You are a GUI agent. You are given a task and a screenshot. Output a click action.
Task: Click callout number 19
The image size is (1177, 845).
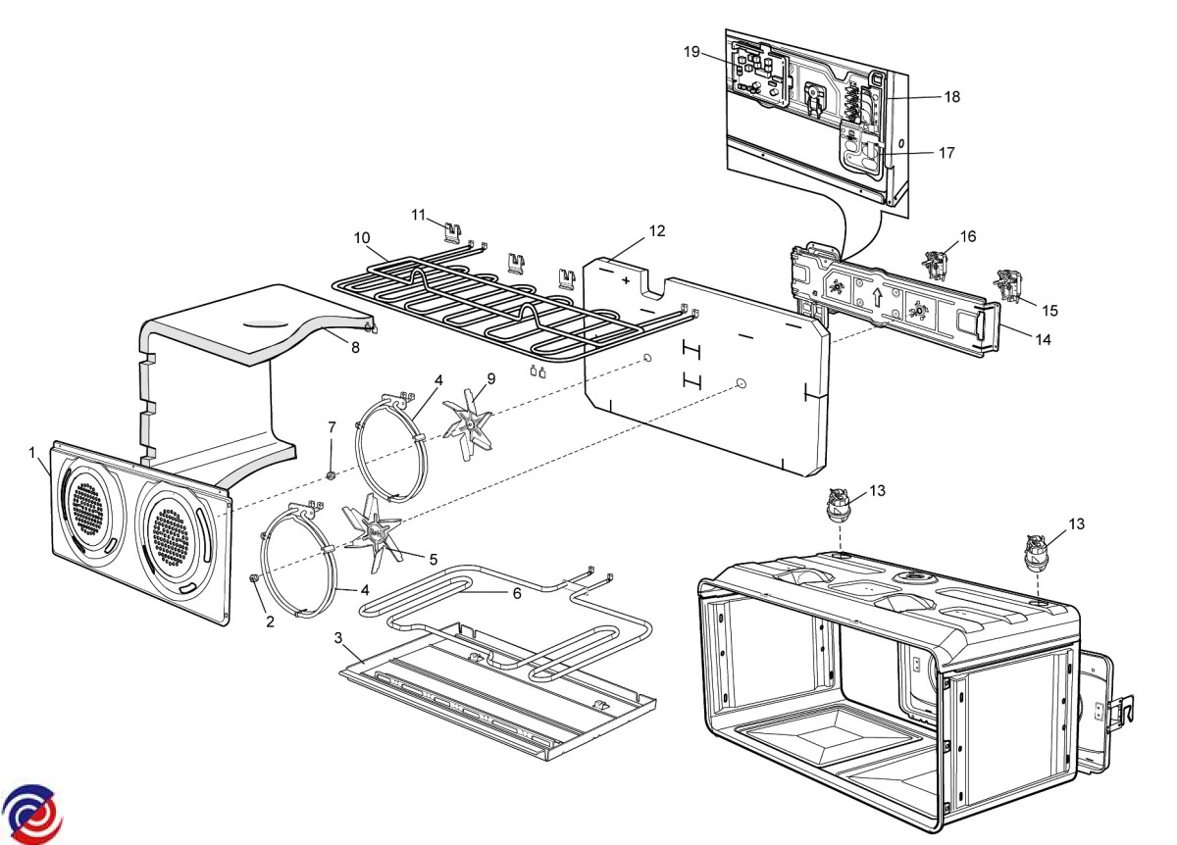click(x=692, y=52)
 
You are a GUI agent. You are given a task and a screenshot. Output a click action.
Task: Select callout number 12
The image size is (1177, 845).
click(x=656, y=231)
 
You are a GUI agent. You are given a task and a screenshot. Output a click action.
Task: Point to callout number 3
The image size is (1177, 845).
click(x=338, y=638)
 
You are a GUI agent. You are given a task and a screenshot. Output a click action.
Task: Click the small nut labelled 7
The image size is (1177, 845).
click(x=332, y=476)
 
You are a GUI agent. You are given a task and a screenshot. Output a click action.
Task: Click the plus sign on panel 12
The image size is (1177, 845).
click(x=626, y=278)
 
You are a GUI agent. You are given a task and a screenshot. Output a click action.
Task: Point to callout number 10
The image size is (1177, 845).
click(x=363, y=238)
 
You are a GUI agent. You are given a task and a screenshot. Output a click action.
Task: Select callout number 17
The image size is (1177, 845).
click(x=946, y=153)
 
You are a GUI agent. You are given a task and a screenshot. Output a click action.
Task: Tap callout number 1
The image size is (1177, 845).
click(x=32, y=452)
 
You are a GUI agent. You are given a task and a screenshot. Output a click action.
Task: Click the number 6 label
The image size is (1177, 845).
click(x=516, y=592)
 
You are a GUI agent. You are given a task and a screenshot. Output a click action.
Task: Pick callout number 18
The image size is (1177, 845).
click(x=951, y=97)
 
